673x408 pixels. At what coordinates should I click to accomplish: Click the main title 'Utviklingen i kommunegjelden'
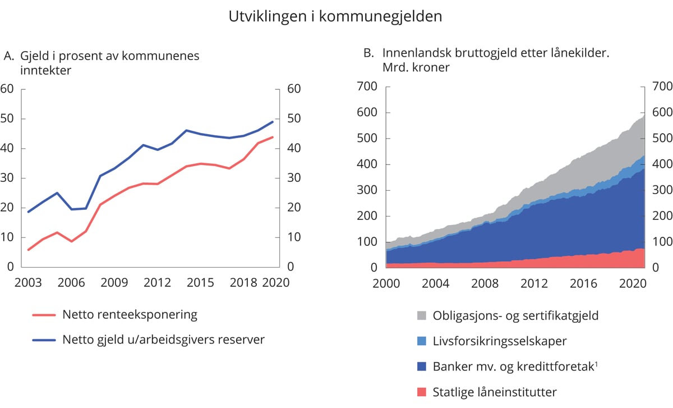[335, 17]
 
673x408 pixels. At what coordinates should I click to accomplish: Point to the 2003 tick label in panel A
[28, 282]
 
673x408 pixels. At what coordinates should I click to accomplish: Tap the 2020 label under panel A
[276, 282]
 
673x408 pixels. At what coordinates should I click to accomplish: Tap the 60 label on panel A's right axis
[294, 89]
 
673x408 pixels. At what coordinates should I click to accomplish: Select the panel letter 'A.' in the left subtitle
[8, 56]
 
